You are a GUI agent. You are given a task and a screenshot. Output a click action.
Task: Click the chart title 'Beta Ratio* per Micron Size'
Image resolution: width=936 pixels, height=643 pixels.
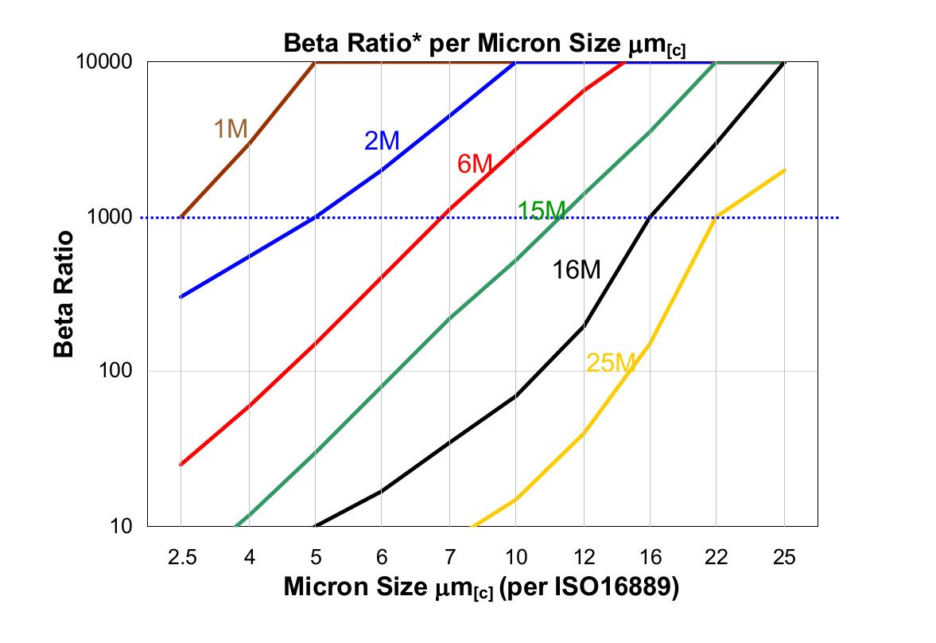tap(484, 45)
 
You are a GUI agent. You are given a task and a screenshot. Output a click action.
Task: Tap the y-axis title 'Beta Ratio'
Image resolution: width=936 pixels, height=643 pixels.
tap(66, 294)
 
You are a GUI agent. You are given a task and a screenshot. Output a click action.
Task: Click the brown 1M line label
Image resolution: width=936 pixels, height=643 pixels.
tap(231, 129)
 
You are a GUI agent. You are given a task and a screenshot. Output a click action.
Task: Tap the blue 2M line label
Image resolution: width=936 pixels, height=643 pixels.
tap(382, 141)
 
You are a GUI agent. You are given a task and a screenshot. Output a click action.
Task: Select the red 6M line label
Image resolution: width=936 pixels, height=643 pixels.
tap(475, 165)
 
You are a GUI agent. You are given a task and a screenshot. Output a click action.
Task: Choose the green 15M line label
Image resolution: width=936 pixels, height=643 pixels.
tap(542, 211)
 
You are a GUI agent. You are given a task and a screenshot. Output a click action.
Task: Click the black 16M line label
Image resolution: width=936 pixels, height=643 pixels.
tap(577, 271)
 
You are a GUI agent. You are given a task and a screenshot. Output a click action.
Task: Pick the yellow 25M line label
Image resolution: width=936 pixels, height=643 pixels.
tap(611, 364)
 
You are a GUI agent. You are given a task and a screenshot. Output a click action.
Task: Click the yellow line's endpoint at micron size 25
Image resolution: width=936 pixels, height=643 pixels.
tap(785, 170)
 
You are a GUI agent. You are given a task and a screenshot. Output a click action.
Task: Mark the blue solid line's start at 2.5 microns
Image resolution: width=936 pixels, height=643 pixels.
tap(181, 297)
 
